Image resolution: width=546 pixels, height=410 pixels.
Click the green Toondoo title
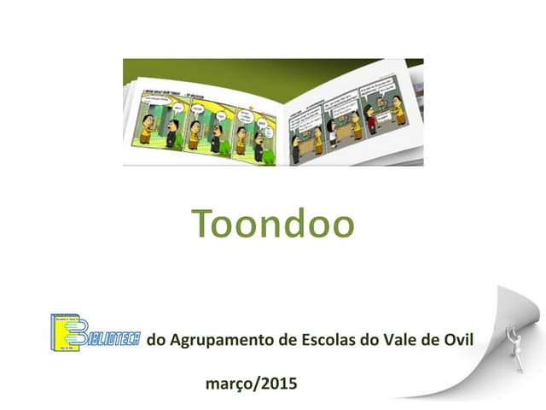coord(273,224)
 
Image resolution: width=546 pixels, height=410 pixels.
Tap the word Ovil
coord(457,342)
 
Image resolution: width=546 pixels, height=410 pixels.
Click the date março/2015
coord(252,384)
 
